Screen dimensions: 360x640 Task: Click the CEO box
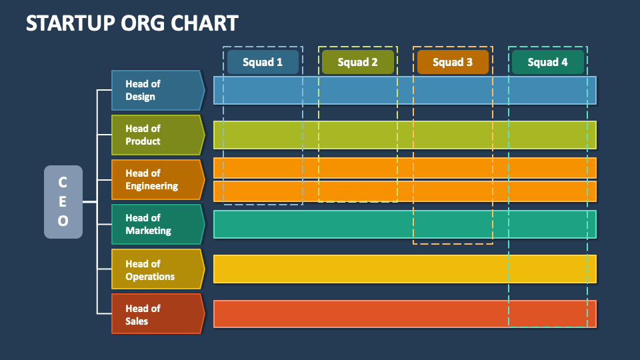(x=63, y=202)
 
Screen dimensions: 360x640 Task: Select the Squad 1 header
(x=263, y=62)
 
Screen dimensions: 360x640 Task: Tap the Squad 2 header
(x=357, y=62)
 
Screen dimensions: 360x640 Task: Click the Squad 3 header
(x=453, y=62)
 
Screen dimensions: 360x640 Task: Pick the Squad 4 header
(x=547, y=62)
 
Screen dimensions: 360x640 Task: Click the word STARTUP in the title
(x=63, y=23)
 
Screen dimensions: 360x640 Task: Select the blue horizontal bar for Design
(x=405, y=90)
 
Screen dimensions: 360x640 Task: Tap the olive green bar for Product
(x=405, y=135)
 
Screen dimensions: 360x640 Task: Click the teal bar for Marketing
(x=405, y=224)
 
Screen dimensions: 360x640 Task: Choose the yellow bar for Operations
(x=405, y=269)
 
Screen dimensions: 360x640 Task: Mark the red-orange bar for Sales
(x=405, y=313)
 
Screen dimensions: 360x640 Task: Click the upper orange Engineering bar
(x=405, y=168)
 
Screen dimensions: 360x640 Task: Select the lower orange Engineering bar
(x=405, y=191)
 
